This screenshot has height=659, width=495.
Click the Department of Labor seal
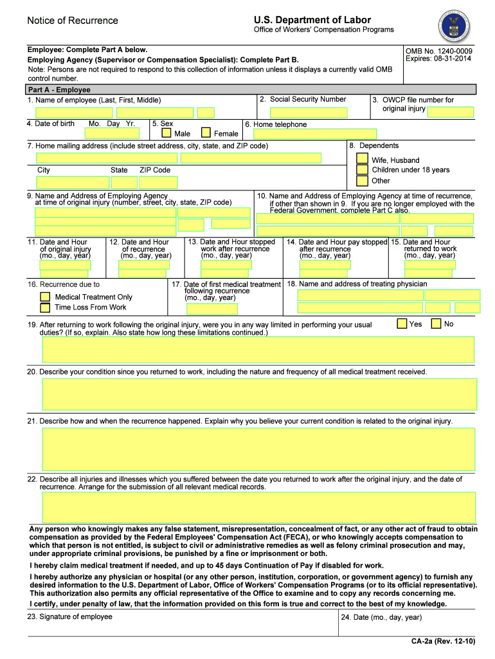[x=455, y=26]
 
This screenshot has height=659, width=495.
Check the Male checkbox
[x=166, y=133]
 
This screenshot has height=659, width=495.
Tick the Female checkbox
[x=206, y=133]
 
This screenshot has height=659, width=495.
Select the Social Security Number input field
[x=301, y=112]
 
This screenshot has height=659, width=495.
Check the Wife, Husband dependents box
[x=362, y=159]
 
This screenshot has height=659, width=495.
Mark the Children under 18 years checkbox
[x=362, y=170]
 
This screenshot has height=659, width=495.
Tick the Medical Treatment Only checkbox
[x=45, y=297]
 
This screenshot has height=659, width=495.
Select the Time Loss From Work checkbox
[x=45, y=308]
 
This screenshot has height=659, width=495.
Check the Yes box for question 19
[x=402, y=323]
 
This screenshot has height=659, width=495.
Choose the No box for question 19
[x=437, y=323]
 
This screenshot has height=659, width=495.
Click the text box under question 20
[x=259, y=394]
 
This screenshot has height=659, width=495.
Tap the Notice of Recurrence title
[x=73, y=21]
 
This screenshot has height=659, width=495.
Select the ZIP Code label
[x=155, y=170]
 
